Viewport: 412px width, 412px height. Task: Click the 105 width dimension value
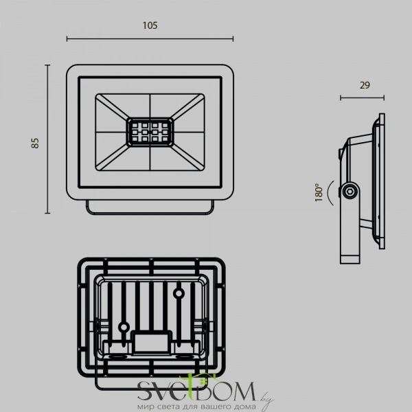150,25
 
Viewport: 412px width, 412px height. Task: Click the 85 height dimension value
35,143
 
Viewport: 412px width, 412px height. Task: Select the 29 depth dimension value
365,85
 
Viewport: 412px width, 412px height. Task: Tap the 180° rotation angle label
319,192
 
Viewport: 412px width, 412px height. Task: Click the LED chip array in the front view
150,132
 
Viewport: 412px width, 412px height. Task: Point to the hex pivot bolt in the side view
350,192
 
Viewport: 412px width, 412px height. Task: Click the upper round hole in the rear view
179,293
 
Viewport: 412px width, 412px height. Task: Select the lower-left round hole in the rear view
124,328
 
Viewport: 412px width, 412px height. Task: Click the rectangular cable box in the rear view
152,343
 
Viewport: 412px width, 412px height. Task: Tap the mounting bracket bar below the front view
150,207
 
